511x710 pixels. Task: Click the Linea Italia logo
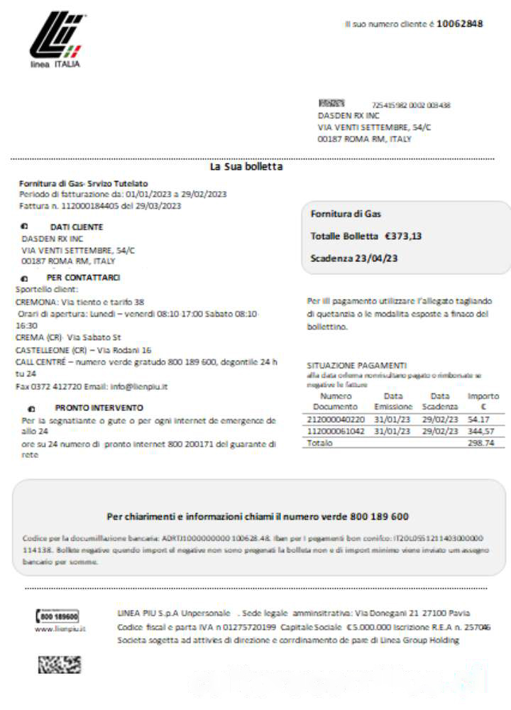(x=56, y=40)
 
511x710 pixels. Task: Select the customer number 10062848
(x=459, y=23)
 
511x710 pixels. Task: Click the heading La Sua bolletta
(x=246, y=167)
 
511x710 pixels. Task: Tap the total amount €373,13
(x=403, y=236)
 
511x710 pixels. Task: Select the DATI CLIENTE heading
(x=76, y=227)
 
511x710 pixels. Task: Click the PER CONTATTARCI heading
(x=83, y=278)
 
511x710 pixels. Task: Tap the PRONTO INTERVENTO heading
(x=99, y=408)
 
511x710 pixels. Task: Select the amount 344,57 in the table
(x=480, y=431)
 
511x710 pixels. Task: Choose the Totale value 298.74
(x=480, y=442)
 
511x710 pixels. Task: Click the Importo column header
(x=483, y=401)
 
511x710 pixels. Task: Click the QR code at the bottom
(x=59, y=665)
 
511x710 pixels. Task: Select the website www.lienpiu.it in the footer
(x=60, y=629)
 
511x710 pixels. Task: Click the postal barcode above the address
(x=331, y=104)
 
